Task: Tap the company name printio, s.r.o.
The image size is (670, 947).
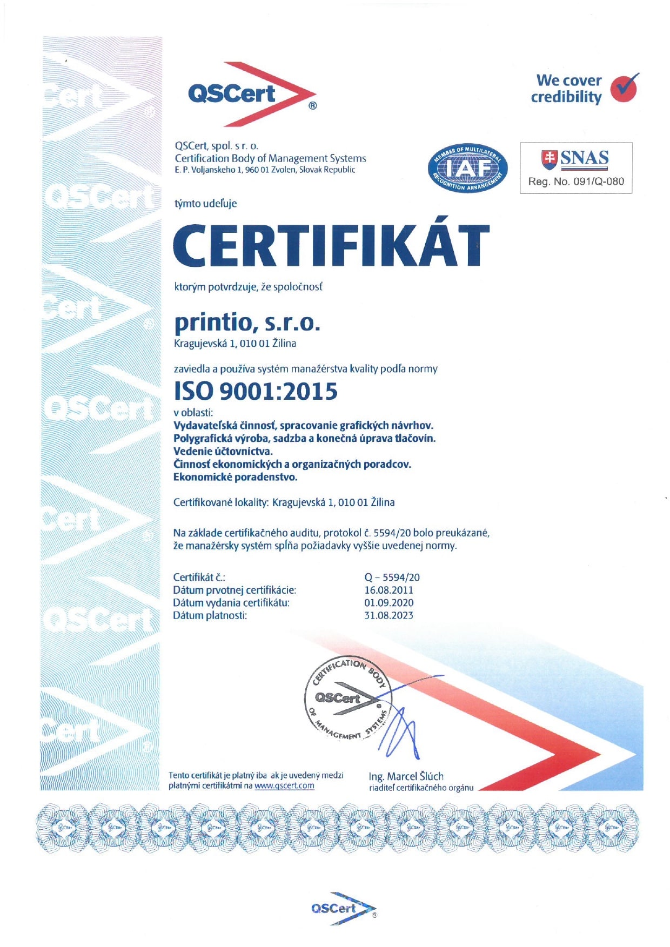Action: pyautogui.click(x=247, y=323)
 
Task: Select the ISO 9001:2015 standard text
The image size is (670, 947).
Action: pyautogui.click(x=256, y=391)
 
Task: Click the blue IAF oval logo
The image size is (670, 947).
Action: pyautogui.click(x=467, y=169)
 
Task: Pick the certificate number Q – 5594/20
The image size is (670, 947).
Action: pyautogui.click(x=392, y=577)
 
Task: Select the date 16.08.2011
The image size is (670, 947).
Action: pyautogui.click(x=388, y=590)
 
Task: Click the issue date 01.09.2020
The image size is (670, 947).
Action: pyautogui.click(x=388, y=602)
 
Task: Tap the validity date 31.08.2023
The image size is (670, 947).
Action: pyautogui.click(x=388, y=615)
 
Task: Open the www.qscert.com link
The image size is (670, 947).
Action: pyautogui.click(x=284, y=785)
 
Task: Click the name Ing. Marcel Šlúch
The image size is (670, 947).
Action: pyautogui.click(x=406, y=776)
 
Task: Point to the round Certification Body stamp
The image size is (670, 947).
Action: pyautogui.click(x=346, y=700)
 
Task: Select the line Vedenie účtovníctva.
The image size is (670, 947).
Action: pyautogui.click(x=223, y=451)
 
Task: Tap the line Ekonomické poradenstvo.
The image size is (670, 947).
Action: pyautogui.click(x=235, y=477)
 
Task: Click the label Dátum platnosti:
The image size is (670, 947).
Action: pyautogui.click(x=210, y=615)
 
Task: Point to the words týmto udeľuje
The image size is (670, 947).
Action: pyautogui.click(x=205, y=204)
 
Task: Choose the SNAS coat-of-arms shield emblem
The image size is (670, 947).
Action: pyautogui.click(x=550, y=158)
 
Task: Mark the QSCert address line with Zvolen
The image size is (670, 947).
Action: pyautogui.click(x=265, y=170)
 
